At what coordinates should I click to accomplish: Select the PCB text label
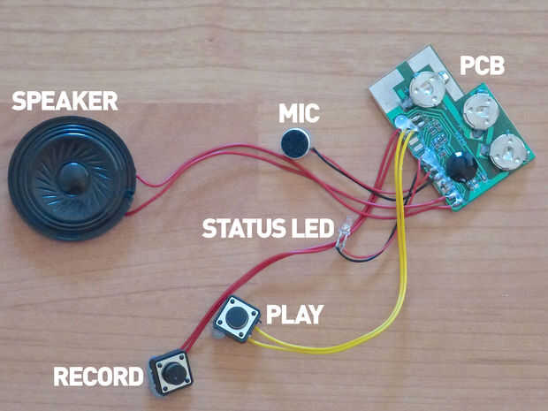coord(481,65)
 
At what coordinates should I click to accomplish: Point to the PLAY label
coord(295,313)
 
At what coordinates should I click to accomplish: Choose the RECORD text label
coord(98,377)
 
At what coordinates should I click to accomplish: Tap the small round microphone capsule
coord(294,142)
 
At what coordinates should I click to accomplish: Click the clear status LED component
coord(346,232)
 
